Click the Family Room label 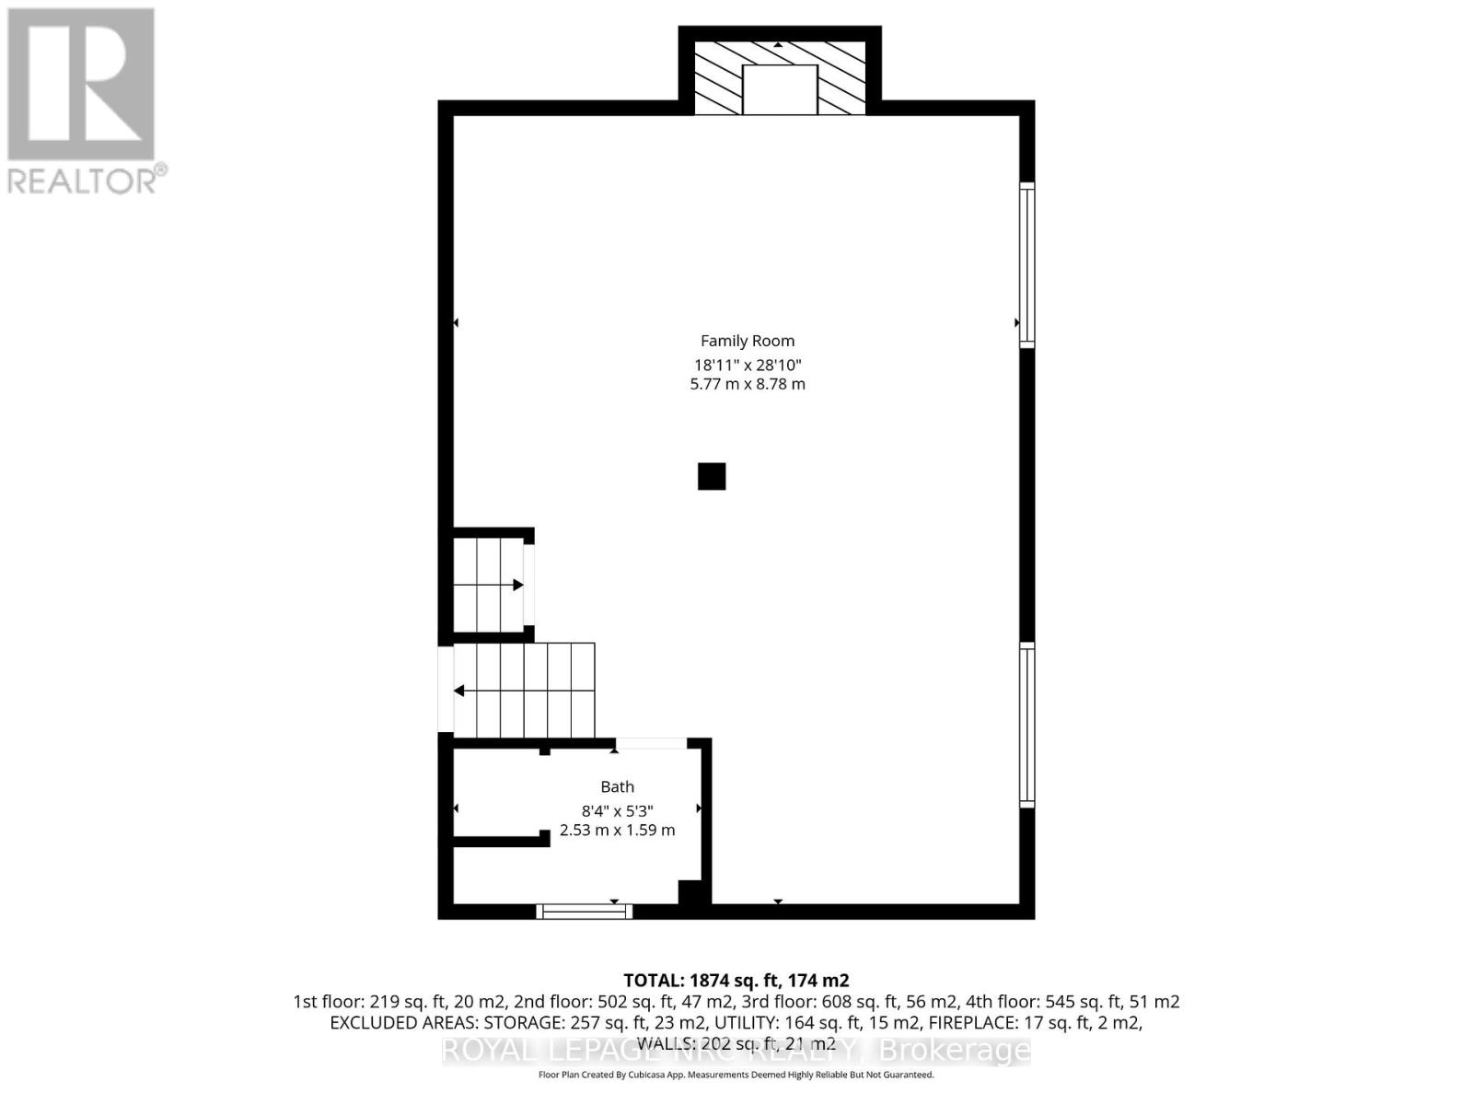point(747,341)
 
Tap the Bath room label point(617,786)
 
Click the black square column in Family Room point(712,476)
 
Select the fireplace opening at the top point(780,89)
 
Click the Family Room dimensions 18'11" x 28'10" point(747,365)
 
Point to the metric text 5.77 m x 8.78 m point(747,384)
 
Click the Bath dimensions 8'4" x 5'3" point(617,810)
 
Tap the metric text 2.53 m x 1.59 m point(617,830)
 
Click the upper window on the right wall point(1026,265)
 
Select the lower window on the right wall point(1026,726)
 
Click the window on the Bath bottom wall point(585,912)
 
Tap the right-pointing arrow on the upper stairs point(517,585)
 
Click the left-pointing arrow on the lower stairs point(458,691)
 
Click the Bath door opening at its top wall point(651,743)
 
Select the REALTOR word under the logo point(83,180)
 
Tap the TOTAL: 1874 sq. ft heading point(736,981)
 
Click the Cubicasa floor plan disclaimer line point(736,1075)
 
